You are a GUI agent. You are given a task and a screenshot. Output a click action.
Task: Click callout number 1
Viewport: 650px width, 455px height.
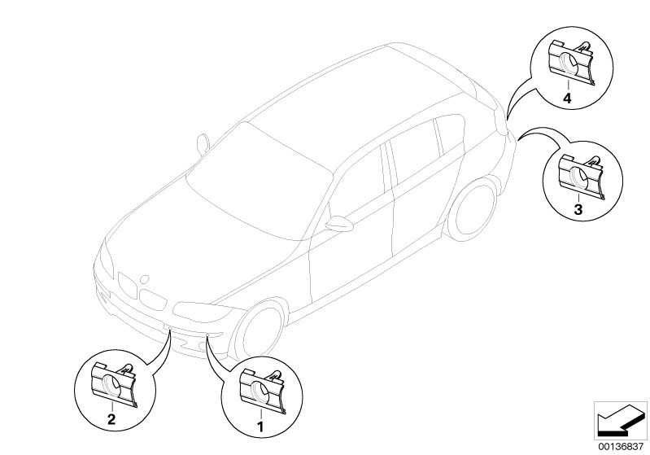pos(261,427)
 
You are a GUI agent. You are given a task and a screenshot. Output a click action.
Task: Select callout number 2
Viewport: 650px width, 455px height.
pos(111,419)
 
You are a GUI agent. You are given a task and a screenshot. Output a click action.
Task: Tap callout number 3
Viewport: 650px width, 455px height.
pos(578,209)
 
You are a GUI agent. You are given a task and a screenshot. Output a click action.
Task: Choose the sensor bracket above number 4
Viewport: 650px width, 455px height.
pos(571,63)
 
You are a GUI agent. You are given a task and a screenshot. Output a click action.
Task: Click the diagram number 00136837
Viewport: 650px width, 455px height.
pos(621,447)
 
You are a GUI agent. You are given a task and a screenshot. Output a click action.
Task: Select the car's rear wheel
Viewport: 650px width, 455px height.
pos(473,209)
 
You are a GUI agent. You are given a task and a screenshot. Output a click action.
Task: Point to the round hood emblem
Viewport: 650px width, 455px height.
pos(144,279)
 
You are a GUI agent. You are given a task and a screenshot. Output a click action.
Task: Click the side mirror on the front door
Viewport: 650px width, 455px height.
pos(339,224)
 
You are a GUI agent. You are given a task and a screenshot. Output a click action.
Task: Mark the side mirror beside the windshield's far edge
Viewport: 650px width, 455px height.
pos(203,143)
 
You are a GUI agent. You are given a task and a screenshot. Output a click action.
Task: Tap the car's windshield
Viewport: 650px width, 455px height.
pos(260,182)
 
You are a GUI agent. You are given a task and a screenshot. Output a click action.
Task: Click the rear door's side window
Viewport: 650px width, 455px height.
pos(415,152)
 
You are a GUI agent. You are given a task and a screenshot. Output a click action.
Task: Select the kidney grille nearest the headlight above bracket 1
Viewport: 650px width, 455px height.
pos(153,300)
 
